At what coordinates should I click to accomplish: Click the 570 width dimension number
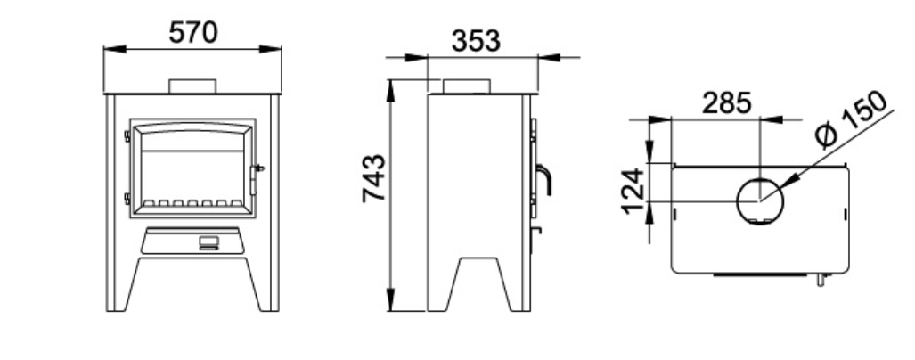coord(192,32)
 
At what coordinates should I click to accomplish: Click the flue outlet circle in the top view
coord(758,200)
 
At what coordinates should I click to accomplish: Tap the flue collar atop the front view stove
coord(192,86)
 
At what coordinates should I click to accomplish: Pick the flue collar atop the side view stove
coord(466,86)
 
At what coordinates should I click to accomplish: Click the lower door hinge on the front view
coord(127,198)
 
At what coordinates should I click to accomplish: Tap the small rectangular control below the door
coord(206,241)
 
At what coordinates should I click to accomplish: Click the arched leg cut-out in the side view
coord(481,285)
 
